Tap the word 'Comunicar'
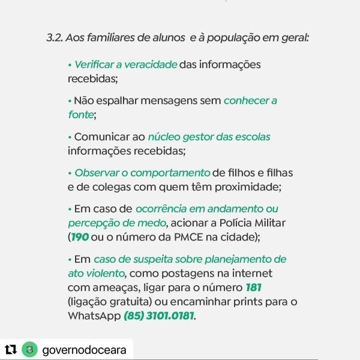pyautogui.click(x=101, y=137)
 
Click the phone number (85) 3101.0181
pyautogui.click(x=159, y=314)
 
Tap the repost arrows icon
pyautogui.click(x=11, y=349)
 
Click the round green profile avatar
pyautogui.click(x=28, y=349)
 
